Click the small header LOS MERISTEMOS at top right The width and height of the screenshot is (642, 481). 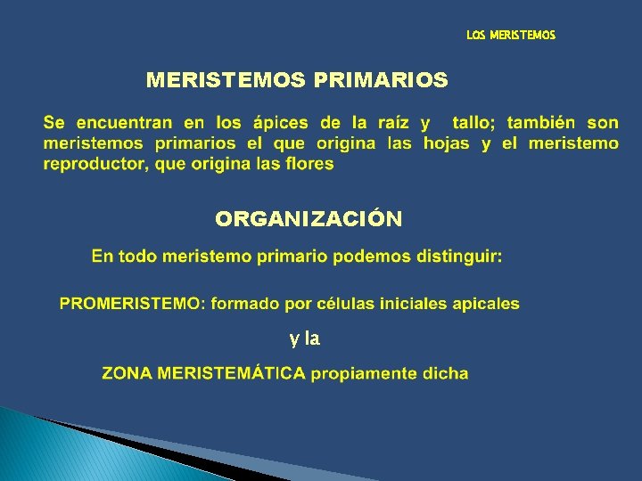click(510, 36)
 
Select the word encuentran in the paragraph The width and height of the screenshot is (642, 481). click(125, 123)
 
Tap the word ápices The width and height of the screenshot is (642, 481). click(277, 123)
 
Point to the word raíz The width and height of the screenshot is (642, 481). click(392, 123)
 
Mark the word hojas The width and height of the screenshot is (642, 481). click(446, 143)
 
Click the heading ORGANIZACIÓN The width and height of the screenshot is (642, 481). click(309, 219)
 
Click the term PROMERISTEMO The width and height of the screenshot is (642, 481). click(130, 304)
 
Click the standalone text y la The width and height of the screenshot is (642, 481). click(304, 338)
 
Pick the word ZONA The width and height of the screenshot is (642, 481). click(127, 374)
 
